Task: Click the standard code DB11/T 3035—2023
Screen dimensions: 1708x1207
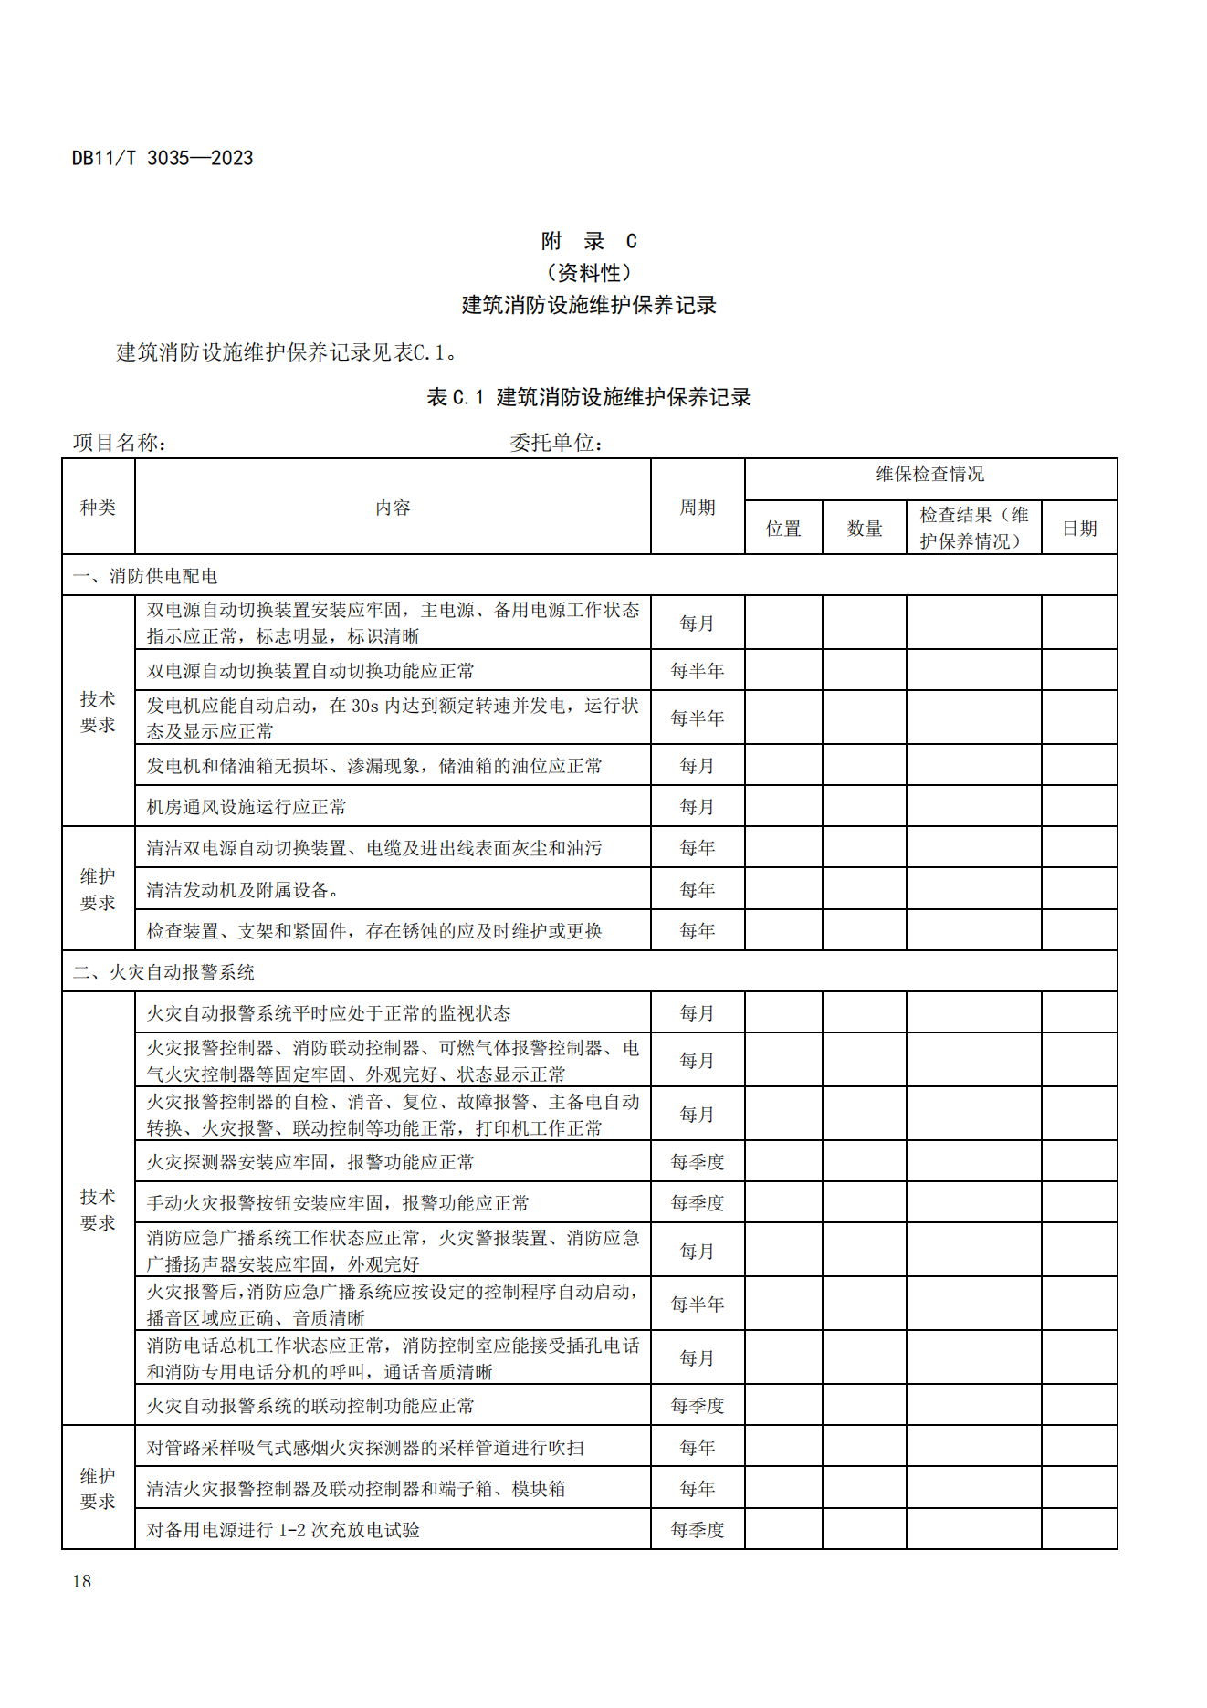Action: tap(163, 158)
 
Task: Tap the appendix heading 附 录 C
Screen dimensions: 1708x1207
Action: tap(589, 241)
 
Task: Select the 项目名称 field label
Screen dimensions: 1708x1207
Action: tap(119, 443)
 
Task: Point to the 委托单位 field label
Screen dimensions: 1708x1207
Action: tap(556, 443)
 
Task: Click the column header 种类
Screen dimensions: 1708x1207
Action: tap(98, 508)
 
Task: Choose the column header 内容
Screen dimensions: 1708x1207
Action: tap(393, 508)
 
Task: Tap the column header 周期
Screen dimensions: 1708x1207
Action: tap(697, 508)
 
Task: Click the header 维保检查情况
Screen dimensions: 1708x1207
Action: tap(929, 474)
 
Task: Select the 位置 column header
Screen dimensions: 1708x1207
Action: tap(783, 529)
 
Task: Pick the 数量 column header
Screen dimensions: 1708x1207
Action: tap(864, 529)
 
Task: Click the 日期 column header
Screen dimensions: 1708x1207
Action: tap(1079, 529)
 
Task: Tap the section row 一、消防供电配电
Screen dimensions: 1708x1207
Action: tap(145, 576)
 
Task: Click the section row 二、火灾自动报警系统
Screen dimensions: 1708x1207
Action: tap(163, 972)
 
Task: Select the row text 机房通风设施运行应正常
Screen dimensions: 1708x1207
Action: tap(247, 807)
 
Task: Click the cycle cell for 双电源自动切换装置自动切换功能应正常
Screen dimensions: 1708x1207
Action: tap(697, 671)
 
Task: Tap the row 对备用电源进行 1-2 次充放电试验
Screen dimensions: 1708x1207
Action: tap(283, 1530)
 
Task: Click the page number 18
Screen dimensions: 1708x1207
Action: tap(81, 1582)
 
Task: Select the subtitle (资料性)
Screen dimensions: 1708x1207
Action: tap(589, 273)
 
